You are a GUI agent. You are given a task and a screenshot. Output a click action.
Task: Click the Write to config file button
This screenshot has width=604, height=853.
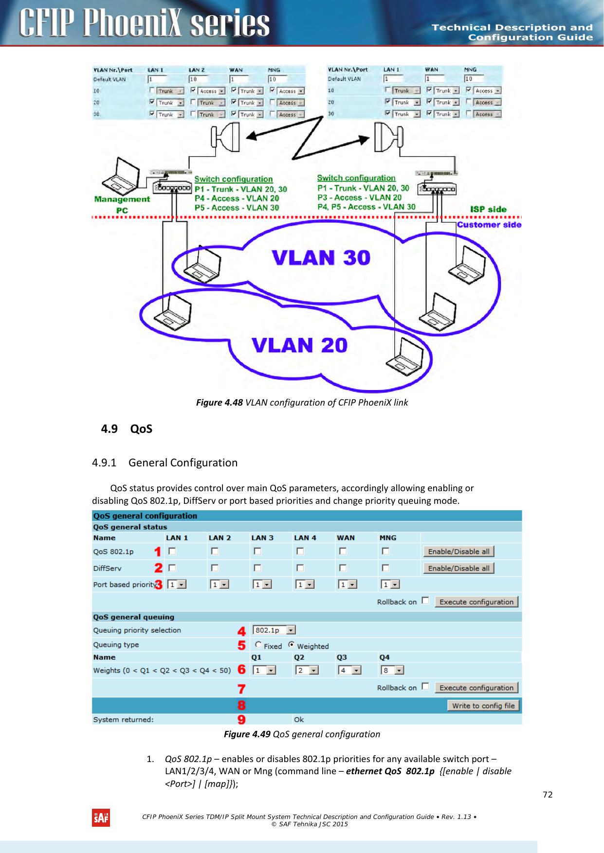(x=483, y=706)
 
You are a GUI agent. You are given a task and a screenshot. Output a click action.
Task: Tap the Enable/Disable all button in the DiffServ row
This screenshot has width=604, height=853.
(x=458, y=568)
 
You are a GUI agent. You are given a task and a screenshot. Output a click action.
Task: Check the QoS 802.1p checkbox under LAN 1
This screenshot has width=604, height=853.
(x=172, y=551)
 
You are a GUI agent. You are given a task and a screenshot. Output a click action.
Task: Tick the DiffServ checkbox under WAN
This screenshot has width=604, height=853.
(x=343, y=568)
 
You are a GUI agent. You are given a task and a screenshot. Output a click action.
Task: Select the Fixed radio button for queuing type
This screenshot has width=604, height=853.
(x=258, y=645)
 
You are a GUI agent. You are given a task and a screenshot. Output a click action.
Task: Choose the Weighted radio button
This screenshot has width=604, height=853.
(x=292, y=645)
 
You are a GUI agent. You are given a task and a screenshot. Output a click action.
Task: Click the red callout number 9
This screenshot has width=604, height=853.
(x=241, y=719)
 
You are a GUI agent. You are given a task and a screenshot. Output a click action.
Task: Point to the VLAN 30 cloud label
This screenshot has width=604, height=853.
(x=321, y=258)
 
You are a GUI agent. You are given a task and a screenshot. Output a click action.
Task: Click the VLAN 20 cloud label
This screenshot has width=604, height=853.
(x=300, y=345)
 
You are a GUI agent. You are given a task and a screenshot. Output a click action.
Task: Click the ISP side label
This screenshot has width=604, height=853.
(x=488, y=209)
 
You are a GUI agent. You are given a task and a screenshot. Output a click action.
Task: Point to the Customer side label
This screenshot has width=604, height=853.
(x=489, y=225)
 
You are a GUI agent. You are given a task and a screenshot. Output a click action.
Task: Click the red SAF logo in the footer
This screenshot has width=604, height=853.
(x=101, y=818)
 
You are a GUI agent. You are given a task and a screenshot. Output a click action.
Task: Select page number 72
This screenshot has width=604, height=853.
(x=548, y=795)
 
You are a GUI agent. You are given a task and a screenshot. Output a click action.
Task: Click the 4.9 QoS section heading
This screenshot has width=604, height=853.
(x=127, y=429)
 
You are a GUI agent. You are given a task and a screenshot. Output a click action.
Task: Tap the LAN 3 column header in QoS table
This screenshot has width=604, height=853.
(x=262, y=538)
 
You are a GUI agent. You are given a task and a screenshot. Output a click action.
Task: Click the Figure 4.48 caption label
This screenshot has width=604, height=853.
(x=220, y=402)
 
